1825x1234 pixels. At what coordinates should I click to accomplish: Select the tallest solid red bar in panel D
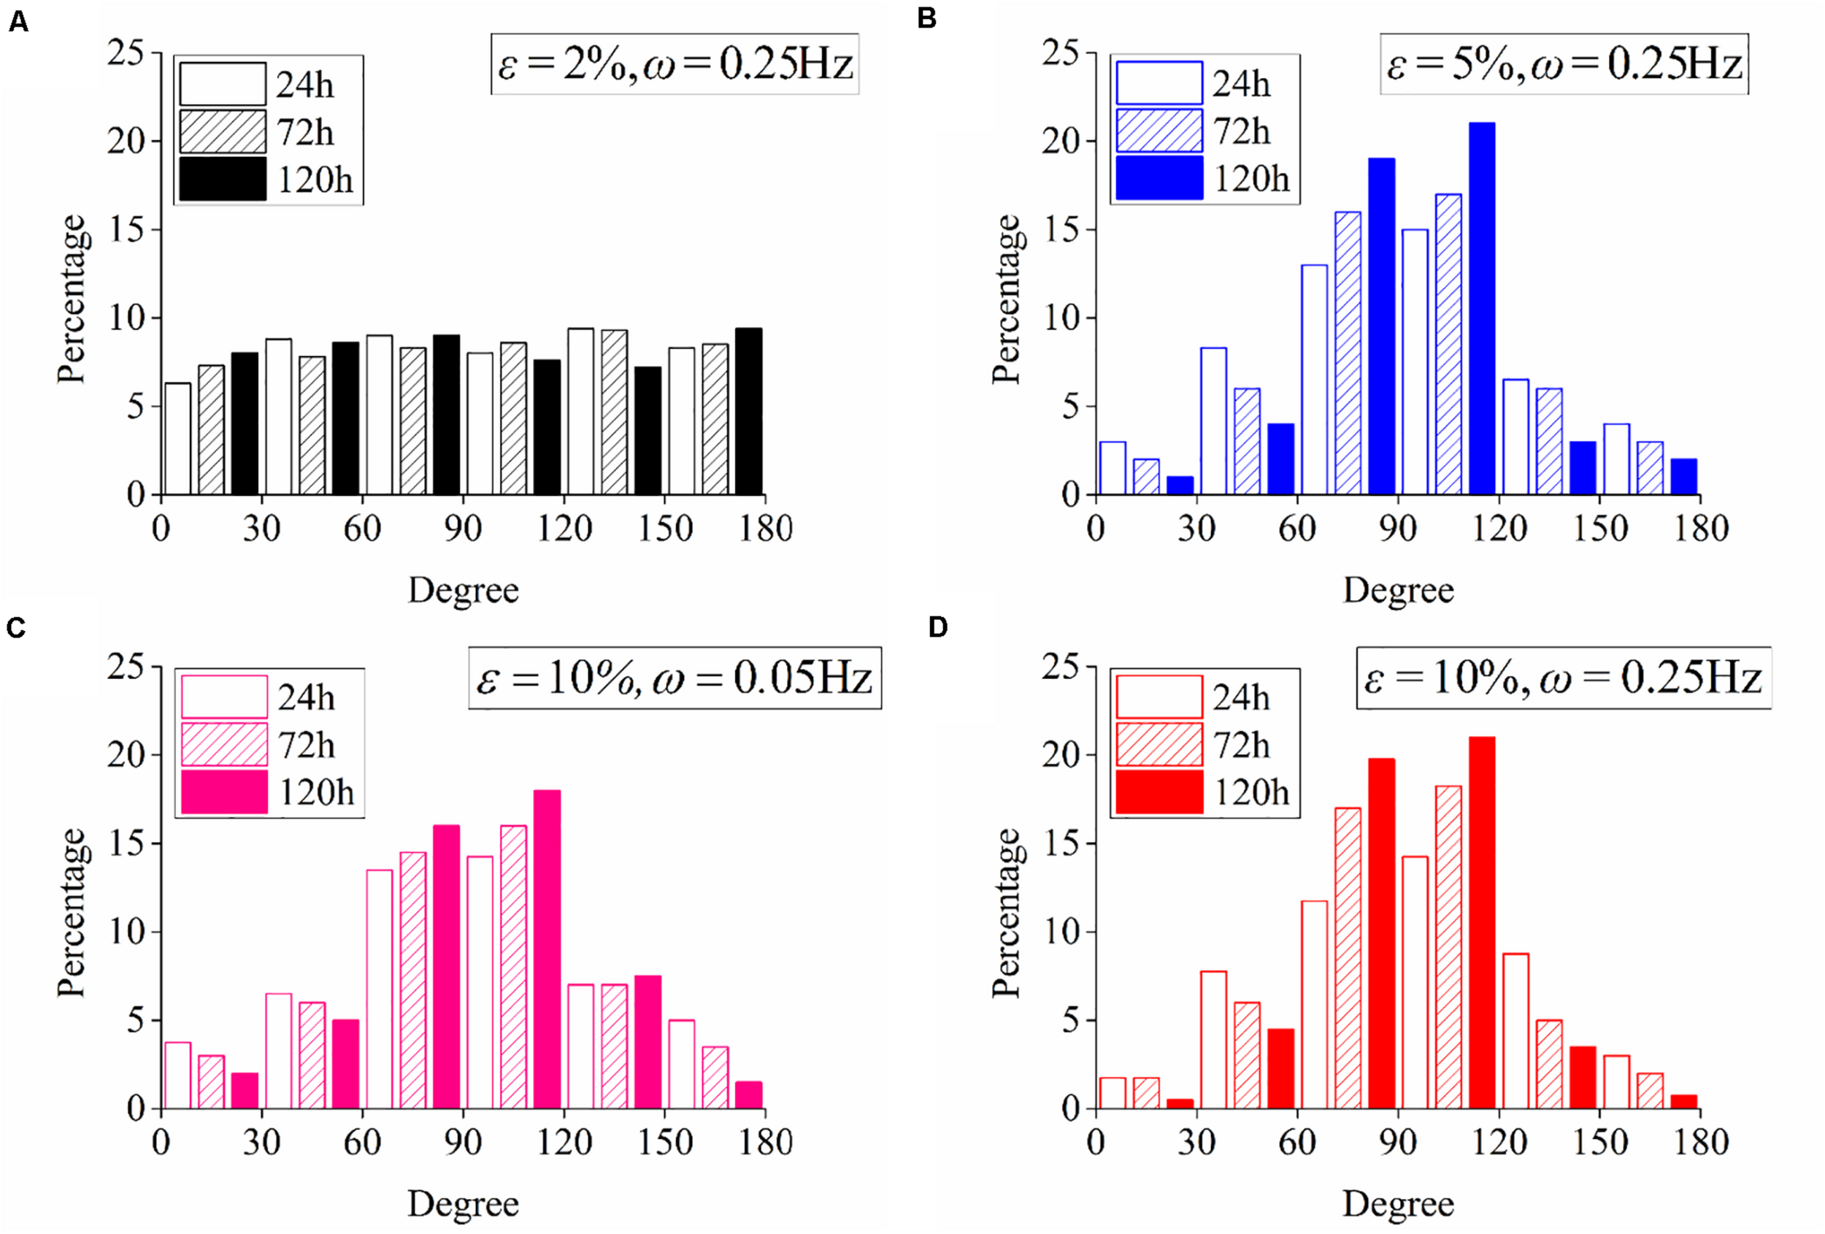click(x=1481, y=922)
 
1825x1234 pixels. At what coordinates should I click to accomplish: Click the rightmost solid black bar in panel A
click(x=748, y=412)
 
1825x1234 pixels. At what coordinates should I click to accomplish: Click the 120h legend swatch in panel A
click(x=223, y=179)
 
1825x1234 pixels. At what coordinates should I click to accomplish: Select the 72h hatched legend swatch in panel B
click(x=1159, y=131)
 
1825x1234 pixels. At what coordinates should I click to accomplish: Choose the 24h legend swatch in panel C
click(x=224, y=697)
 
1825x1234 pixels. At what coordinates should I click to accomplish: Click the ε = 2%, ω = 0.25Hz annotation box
click(x=675, y=64)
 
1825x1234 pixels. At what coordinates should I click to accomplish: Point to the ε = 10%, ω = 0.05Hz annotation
click(x=675, y=678)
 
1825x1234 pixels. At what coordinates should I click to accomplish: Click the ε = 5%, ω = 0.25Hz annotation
click(x=1564, y=64)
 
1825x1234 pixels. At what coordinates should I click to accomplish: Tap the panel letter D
click(x=937, y=626)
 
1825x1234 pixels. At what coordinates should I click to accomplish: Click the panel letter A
click(x=18, y=22)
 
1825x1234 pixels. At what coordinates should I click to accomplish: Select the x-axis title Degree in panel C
click(x=463, y=1203)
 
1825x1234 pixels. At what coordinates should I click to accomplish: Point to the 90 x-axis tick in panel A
click(x=463, y=529)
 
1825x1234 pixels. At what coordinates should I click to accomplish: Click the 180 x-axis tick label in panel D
click(x=1700, y=1142)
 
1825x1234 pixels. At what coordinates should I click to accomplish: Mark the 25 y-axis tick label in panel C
click(x=126, y=667)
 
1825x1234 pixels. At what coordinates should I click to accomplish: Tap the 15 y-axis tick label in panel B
click(x=1060, y=230)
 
